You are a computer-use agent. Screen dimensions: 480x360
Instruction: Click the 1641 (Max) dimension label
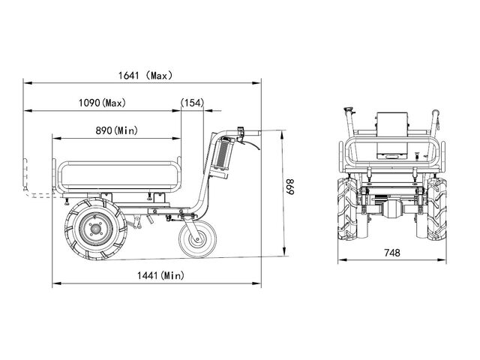(145, 75)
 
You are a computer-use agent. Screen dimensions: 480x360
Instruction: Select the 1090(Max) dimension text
(102, 103)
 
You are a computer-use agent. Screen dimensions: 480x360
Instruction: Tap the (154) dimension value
(192, 103)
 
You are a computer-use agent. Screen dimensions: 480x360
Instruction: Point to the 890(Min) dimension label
(117, 130)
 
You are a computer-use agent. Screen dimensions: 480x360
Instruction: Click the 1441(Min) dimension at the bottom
(160, 275)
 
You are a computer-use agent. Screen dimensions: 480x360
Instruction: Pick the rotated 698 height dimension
(290, 187)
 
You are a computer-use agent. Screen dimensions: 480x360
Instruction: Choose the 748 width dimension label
(392, 253)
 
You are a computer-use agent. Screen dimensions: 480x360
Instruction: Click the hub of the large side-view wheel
(96, 228)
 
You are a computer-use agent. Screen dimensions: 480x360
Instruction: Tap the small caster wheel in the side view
(197, 238)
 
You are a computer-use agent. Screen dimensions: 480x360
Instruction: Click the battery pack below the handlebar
(222, 154)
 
